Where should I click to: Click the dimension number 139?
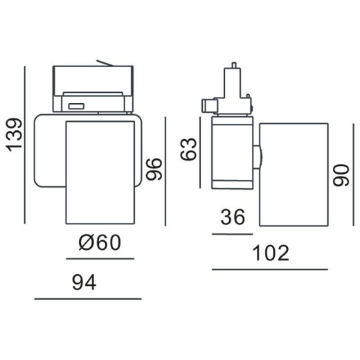(15, 135)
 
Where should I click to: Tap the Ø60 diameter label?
(100, 242)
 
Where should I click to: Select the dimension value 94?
(84, 283)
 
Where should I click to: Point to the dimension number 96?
(154, 169)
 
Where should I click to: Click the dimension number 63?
(188, 149)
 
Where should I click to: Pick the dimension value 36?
(233, 217)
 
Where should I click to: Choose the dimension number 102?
(271, 253)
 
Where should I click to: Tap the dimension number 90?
(341, 175)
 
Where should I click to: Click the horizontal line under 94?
(88, 299)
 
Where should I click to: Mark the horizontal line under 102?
(270, 269)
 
